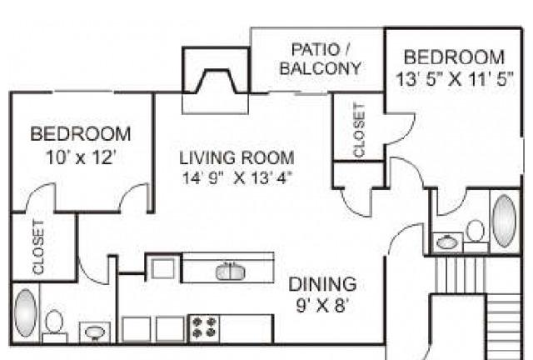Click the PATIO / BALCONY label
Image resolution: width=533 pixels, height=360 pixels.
click(320, 59)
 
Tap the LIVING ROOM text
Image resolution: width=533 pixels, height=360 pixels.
click(237, 157)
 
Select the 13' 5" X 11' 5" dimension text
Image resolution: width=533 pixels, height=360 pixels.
click(454, 79)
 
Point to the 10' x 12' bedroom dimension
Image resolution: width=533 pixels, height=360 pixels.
click(81, 157)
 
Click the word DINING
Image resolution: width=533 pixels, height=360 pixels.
click(322, 284)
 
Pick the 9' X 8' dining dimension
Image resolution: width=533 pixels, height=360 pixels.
click(322, 305)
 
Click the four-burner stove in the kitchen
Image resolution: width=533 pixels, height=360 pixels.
click(204, 327)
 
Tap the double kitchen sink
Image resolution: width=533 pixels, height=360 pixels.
click(231, 272)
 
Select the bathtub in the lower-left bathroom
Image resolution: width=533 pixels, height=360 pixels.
click(26, 313)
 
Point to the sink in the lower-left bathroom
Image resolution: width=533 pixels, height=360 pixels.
click(95, 332)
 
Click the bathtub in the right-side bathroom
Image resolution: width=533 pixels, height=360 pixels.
click(505, 221)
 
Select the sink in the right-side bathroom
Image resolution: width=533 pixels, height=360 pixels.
click(447, 242)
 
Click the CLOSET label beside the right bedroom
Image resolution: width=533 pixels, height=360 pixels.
click(359, 130)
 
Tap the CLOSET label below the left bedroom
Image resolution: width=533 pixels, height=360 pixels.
click(38, 247)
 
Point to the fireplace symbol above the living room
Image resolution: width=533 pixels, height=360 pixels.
click(217, 81)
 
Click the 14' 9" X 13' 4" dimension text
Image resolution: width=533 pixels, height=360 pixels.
click(237, 178)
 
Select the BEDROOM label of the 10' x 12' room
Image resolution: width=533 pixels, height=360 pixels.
click(81, 133)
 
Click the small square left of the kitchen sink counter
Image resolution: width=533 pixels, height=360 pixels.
click(162, 268)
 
